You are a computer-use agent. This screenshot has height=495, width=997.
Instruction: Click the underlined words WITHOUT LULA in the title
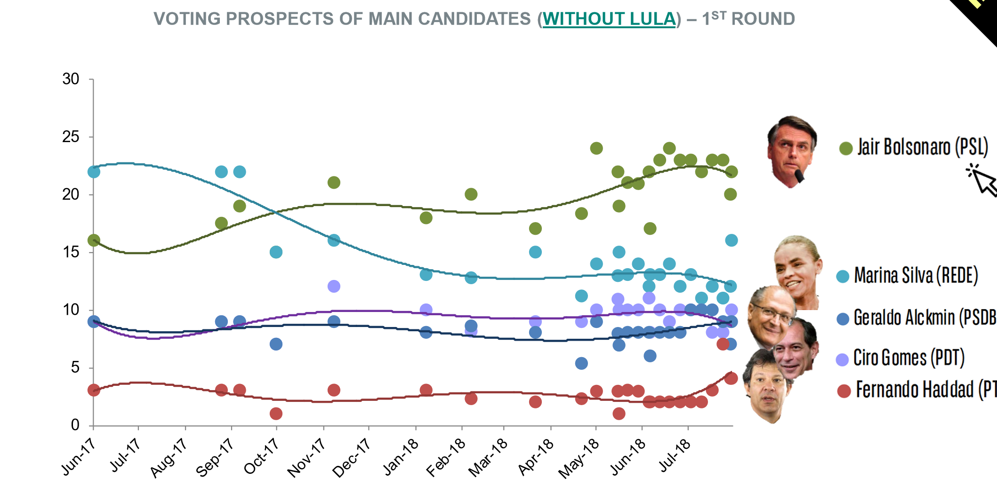point(609,19)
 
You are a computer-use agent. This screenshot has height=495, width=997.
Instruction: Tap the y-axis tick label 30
point(71,79)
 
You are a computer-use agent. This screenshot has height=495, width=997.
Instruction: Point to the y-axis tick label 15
point(71,252)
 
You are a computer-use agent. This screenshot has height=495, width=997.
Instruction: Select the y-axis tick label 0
point(75,425)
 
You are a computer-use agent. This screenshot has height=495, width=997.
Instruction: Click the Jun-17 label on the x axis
point(79,456)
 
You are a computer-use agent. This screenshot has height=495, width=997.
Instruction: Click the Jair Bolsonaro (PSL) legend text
point(923,147)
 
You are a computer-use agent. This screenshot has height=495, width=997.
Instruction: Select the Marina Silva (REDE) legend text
point(916,276)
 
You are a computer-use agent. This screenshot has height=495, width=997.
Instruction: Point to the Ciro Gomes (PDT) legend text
point(909,358)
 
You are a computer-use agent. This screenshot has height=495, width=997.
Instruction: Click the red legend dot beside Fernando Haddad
point(844,391)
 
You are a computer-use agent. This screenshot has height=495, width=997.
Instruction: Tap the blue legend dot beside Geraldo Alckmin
point(843,319)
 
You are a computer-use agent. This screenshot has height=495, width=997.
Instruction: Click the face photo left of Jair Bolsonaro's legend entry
point(792,151)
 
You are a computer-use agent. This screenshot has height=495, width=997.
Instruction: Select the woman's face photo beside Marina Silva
point(797,271)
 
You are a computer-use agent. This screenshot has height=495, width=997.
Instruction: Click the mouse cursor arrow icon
point(982,180)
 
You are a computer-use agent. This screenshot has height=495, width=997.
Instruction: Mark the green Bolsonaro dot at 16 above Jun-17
point(94,240)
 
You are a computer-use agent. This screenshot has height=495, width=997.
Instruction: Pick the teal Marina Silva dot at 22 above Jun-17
point(94,172)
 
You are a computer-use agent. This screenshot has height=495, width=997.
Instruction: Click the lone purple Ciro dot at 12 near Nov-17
point(334,286)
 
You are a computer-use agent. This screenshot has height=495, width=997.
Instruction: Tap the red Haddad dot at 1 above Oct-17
point(276,414)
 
